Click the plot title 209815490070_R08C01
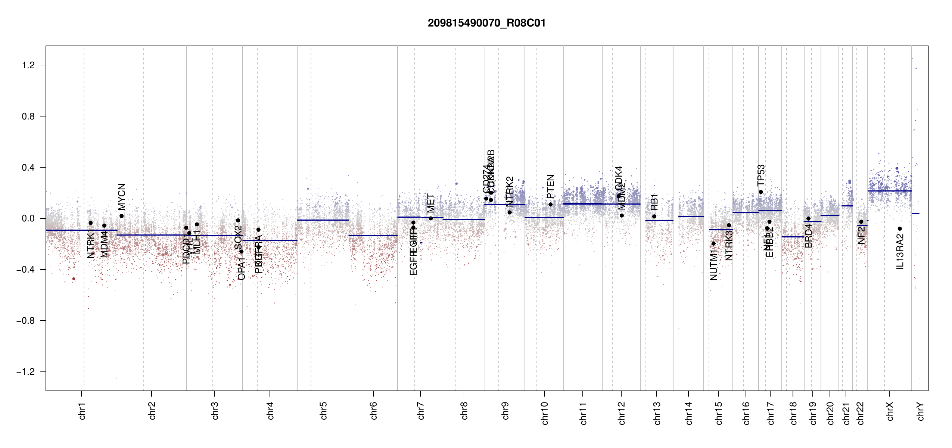pos(486,23)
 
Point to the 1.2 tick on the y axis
pos(28,65)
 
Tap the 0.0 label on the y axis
pos(28,218)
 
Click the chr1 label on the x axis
pos(82,411)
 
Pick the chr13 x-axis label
pos(657,413)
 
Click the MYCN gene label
pos(122,197)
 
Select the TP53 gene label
pos(761,175)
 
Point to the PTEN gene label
pos(550,187)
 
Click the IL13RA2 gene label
pos(900,251)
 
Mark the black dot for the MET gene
pos(431,218)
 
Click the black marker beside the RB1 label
pos(654,217)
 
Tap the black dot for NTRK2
pos(510,212)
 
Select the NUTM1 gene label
pos(713,265)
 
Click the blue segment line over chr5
pos(323,220)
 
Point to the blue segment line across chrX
pos(889,191)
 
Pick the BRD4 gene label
pos(808,236)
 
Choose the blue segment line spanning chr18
pos(793,237)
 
